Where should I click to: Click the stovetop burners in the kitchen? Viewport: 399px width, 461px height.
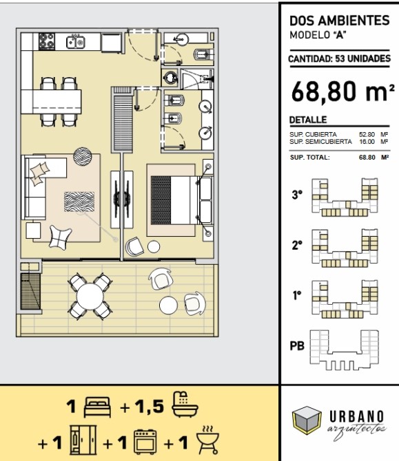click(x=47, y=41)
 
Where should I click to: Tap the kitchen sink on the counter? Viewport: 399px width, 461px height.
click(x=76, y=41)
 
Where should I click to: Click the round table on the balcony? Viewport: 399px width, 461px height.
click(x=90, y=297)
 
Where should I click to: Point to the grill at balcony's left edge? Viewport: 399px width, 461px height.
click(x=30, y=291)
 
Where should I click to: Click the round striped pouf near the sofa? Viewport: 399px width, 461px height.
click(x=83, y=156)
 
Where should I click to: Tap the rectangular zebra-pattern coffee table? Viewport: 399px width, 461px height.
click(x=79, y=202)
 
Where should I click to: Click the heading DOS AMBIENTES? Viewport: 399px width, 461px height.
click(x=340, y=21)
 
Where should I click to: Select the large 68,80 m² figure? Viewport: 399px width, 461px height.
click(x=342, y=92)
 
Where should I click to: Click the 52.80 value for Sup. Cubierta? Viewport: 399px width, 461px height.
click(x=367, y=134)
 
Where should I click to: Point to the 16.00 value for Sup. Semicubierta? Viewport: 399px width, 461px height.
click(x=367, y=142)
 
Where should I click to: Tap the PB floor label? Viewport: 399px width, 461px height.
click(x=297, y=345)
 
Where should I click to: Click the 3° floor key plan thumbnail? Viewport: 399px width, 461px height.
click(x=345, y=197)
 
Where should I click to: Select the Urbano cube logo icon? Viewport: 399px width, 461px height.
click(x=307, y=420)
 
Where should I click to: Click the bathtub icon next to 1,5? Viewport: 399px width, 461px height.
click(x=185, y=405)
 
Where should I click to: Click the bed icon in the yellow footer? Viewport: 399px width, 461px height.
click(x=97, y=407)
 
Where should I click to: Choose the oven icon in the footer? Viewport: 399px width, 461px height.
click(x=145, y=442)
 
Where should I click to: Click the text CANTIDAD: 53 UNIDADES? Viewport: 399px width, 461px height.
click(x=340, y=58)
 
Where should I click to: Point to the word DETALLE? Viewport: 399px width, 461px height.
click(x=308, y=120)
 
